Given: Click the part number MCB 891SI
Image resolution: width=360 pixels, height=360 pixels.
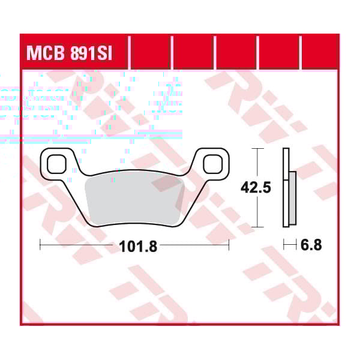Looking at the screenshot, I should (73, 52).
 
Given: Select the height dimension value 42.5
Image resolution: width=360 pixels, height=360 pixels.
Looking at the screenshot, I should (256, 188).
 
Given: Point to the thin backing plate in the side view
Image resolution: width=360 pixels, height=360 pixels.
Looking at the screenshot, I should (285, 188).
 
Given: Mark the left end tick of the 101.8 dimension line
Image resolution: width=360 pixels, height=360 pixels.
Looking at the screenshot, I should (40, 245).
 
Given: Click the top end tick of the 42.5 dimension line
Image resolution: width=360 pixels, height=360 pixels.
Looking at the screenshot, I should (257, 148).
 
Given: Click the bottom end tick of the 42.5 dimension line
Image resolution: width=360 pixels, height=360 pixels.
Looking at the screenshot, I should (257, 227).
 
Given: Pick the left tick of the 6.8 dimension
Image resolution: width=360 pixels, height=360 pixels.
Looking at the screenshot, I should (283, 245).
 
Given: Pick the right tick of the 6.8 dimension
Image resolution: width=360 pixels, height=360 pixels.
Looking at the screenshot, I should (295, 245).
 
